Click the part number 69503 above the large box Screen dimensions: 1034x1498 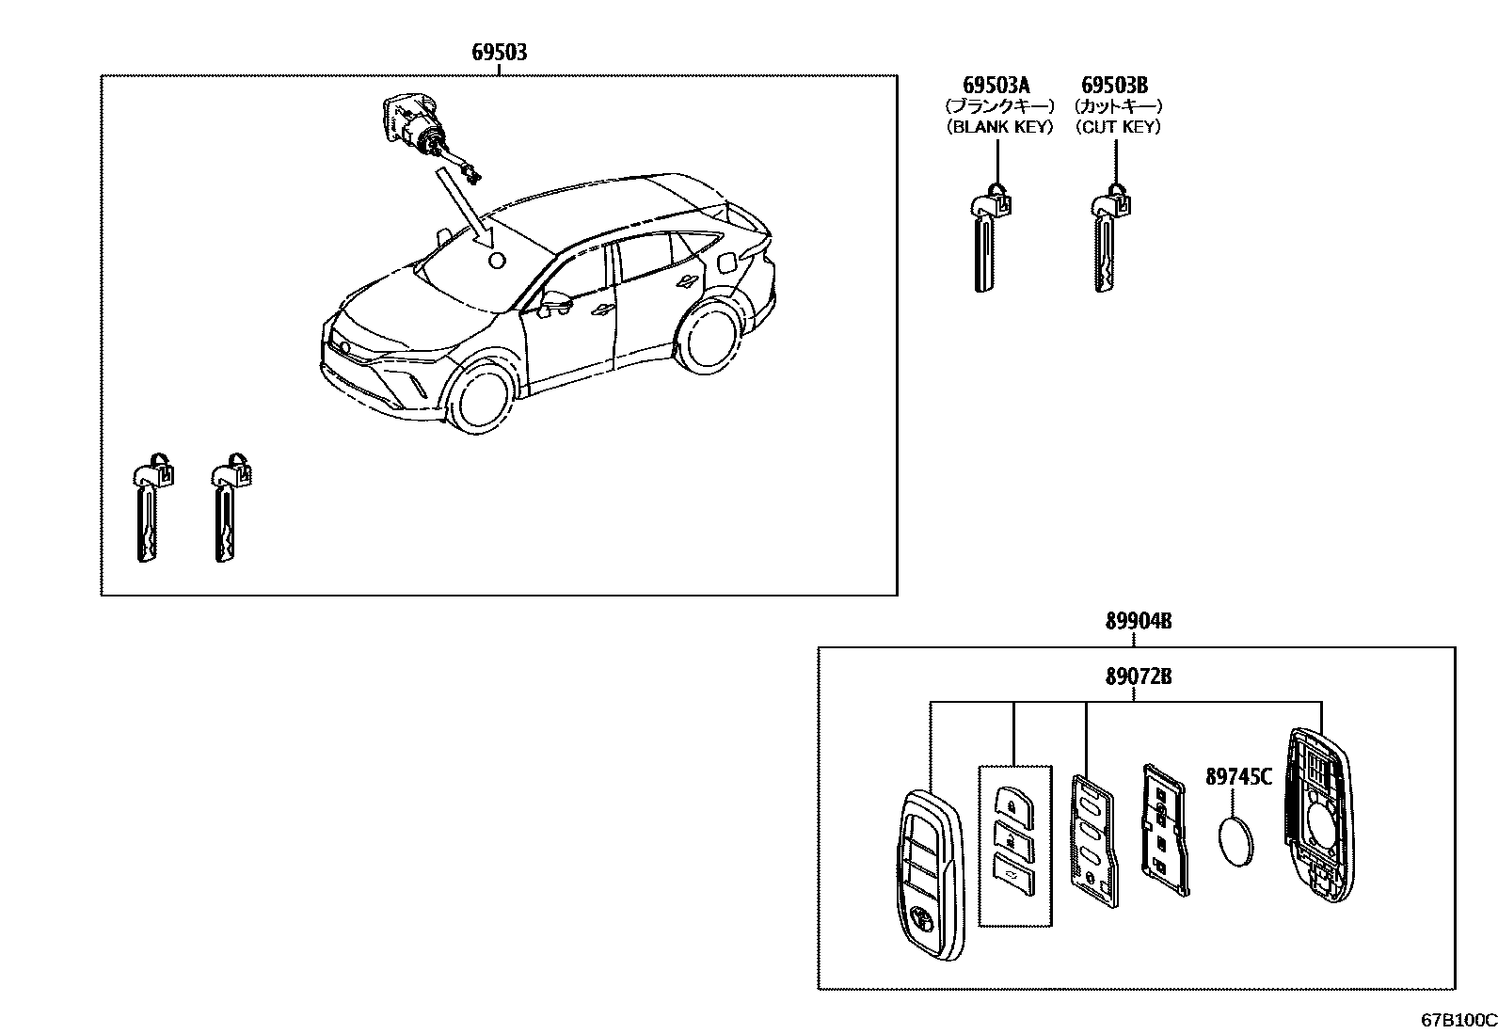[499, 52]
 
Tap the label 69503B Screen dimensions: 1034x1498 [1115, 87]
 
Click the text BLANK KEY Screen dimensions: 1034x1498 [999, 127]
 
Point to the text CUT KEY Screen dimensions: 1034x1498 [1118, 127]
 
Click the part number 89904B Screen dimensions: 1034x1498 [1138, 621]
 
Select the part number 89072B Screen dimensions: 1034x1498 [1138, 676]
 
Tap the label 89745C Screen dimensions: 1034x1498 [1238, 777]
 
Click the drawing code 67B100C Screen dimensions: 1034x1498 [1458, 1020]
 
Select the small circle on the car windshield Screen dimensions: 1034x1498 [497, 261]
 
